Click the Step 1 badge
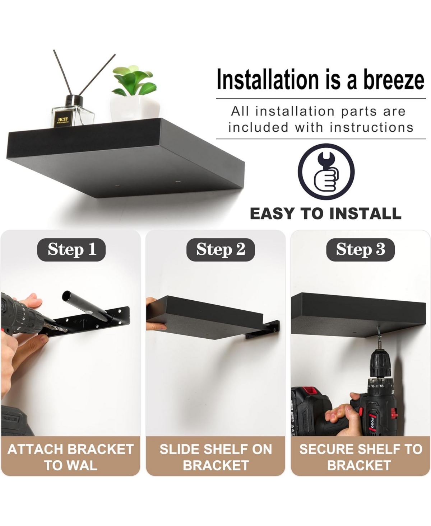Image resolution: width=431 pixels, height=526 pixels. click(x=71, y=250)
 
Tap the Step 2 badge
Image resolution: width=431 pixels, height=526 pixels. click(x=221, y=250)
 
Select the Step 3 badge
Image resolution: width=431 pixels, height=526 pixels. click(x=360, y=250)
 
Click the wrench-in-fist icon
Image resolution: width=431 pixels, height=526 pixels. click(x=326, y=172)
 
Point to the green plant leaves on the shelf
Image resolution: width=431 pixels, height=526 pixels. click(x=134, y=81)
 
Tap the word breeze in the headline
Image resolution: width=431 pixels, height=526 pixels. click(x=394, y=80)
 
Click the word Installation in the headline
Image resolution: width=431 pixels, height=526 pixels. click(x=268, y=79)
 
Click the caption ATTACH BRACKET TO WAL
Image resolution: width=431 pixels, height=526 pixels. click(x=71, y=457)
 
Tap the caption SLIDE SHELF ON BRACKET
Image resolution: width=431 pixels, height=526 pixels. click(x=216, y=457)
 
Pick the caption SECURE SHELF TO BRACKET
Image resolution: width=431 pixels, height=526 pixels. click(x=361, y=457)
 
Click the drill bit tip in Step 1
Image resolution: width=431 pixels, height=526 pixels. click(x=67, y=331)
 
